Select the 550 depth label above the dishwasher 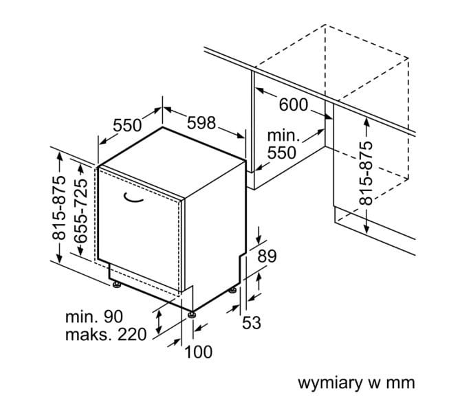pos(127,125)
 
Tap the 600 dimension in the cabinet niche pos(294,105)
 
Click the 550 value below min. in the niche pos(282,153)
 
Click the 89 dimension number pos(266,256)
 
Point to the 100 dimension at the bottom pos(199,352)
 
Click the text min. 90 pos(94,318)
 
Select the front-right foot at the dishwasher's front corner pos(193,315)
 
